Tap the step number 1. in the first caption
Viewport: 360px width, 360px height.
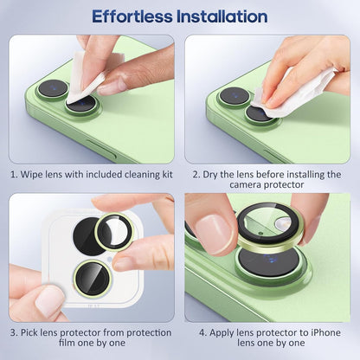click(x=15, y=174)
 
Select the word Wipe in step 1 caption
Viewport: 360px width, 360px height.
click(x=35, y=174)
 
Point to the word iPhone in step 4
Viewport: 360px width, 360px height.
click(x=327, y=331)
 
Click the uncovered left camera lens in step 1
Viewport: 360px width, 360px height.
click(x=53, y=88)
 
